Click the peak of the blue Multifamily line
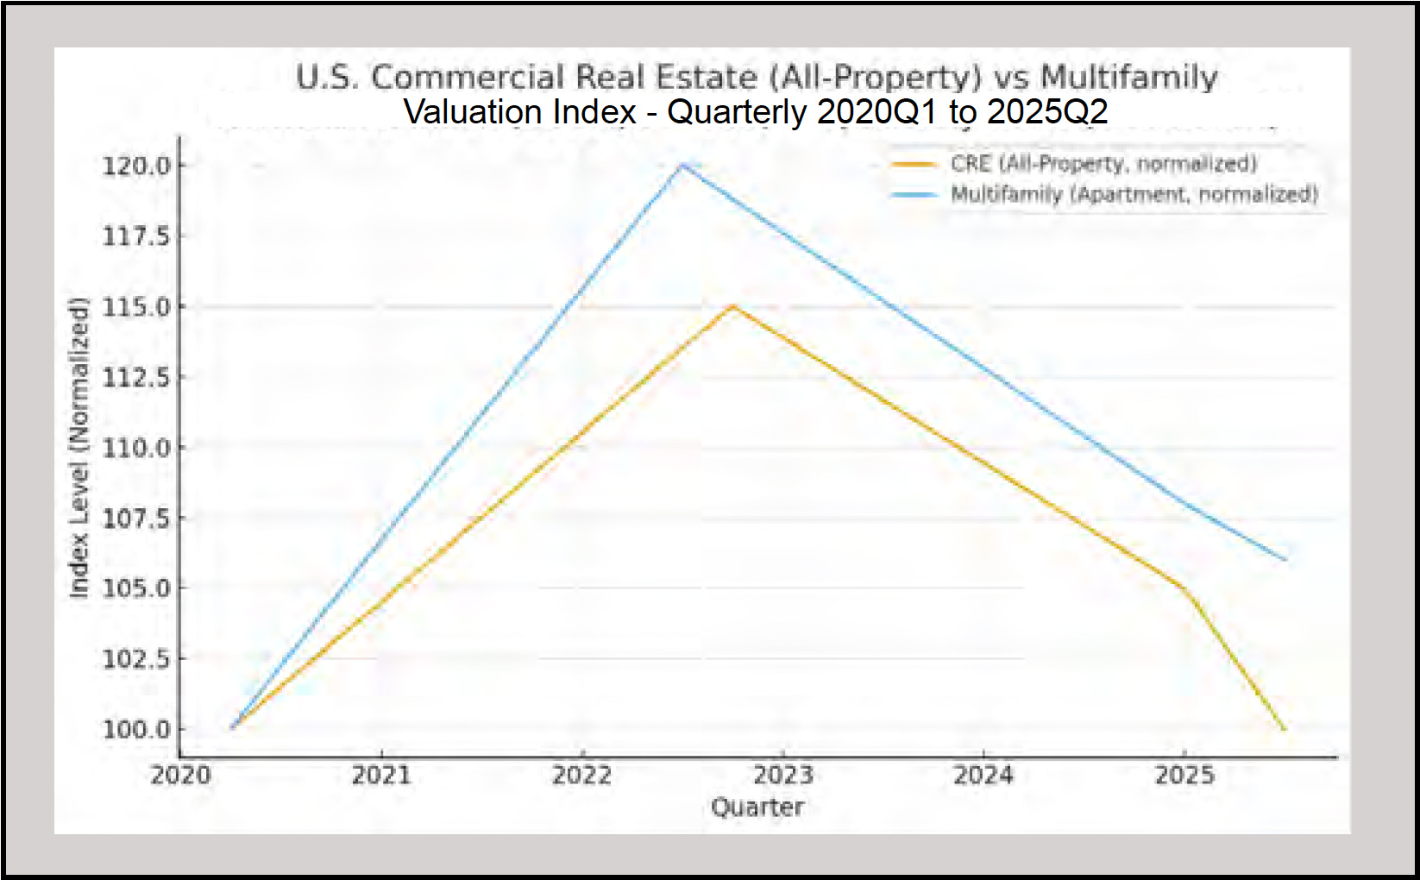(682, 164)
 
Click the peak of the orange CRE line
(733, 305)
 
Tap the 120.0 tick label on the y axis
(136, 165)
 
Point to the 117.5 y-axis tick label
(136, 236)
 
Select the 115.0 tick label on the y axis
(136, 306)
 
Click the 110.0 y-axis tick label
(136, 448)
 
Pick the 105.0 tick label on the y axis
(136, 588)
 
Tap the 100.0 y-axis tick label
(136, 729)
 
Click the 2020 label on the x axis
(180, 775)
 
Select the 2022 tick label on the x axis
(582, 775)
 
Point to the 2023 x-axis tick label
(782, 775)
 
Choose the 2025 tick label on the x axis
(1184, 775)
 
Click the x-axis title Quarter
(757, 808)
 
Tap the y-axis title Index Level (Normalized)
(79, 448)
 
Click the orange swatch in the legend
(914, 164)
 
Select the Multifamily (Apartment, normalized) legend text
(1134, 194)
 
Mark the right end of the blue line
(1285, 559)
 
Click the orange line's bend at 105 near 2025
(1184, 588)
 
